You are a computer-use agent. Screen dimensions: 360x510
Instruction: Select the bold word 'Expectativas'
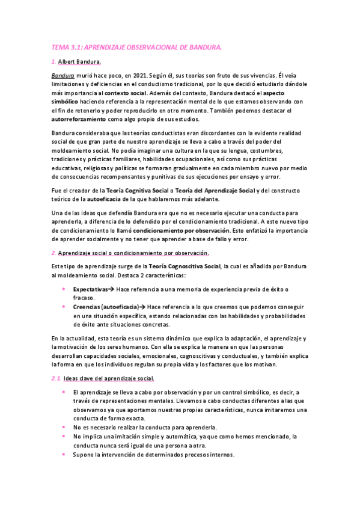click(90, 289)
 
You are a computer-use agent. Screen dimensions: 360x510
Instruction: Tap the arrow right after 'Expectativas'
click(111, 289)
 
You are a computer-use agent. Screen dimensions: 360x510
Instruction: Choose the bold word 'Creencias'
click(86, 307)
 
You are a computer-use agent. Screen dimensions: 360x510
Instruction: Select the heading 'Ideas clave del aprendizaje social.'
click(108, 378)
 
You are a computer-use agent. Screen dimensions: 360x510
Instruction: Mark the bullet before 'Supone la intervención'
click(64, 455)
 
